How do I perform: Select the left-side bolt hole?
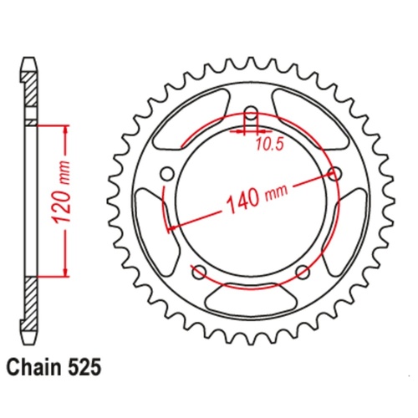coord(166,174)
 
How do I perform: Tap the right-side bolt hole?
coord(337,174)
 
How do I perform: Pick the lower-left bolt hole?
coord(198,272)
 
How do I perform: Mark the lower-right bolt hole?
coord(303,272)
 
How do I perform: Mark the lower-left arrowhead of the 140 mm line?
coord(172,226)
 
